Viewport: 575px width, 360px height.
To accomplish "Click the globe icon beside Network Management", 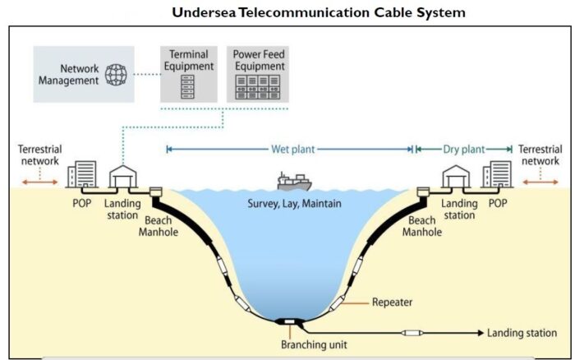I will pyautogui.click(x=117, y=76).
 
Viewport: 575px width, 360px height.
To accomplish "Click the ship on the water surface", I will pyautogui.click(x=293, y=180).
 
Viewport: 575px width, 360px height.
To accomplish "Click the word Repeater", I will pyautogui.click(x=392, y=302).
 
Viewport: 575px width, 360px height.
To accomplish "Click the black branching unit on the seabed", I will pyautogui.click(x=290, y=322).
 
